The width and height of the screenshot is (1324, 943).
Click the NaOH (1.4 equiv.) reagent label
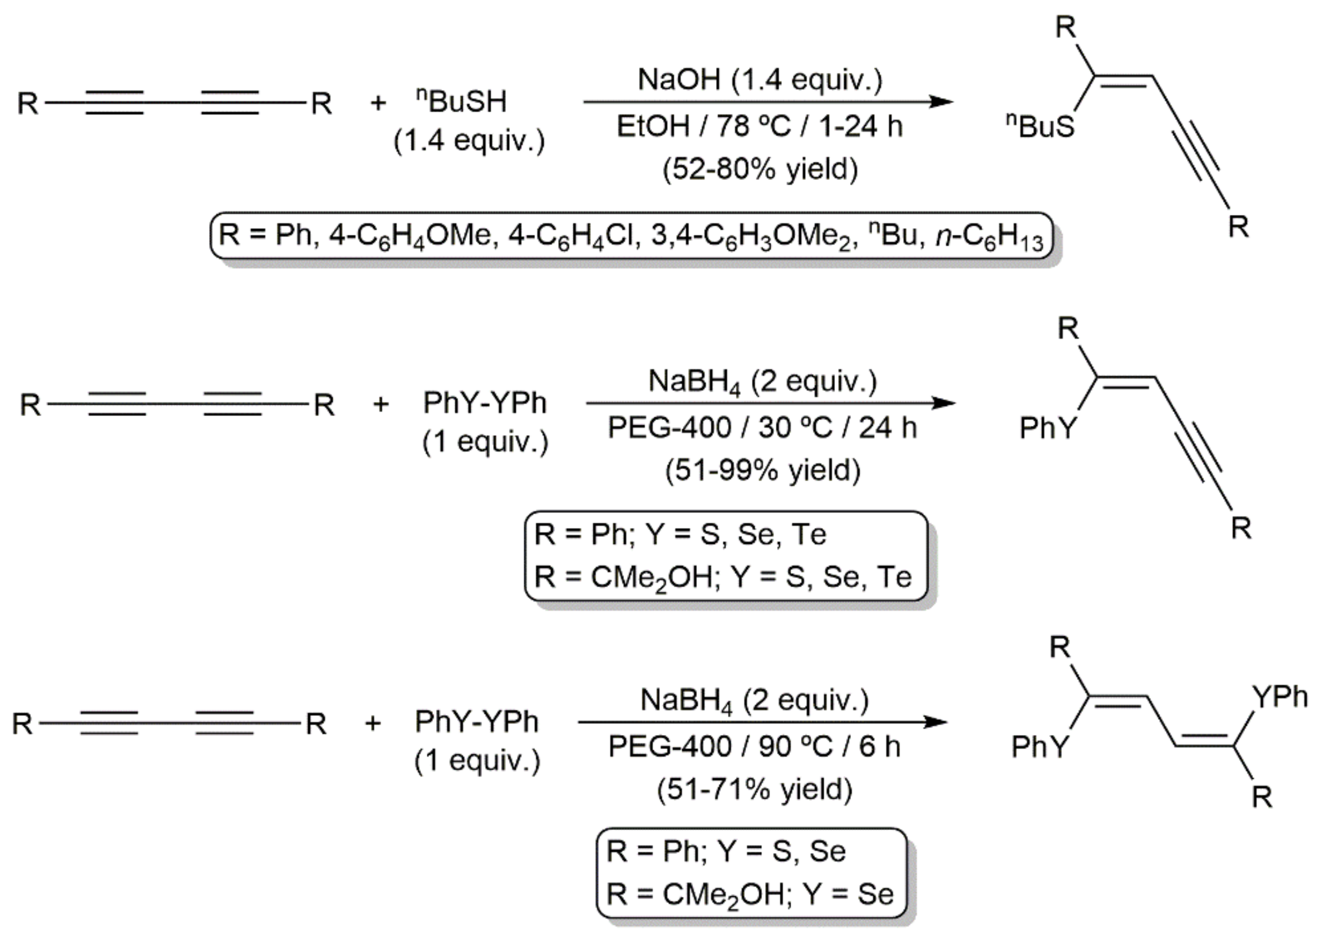point(760,80)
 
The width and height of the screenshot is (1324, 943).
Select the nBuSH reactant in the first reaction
point(462,102)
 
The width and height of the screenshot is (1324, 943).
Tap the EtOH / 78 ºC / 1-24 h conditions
point(760,126)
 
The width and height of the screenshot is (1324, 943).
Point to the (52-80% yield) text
point(760,170)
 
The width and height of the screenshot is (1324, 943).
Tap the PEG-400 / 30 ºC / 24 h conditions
point(762,428)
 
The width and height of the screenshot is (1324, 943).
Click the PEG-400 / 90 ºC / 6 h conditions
point(754,746)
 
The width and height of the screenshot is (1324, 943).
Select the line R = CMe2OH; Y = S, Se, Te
point(723,577)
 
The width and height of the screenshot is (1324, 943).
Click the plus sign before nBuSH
point(378,103)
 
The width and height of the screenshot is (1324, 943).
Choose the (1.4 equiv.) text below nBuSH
point(469,141)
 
